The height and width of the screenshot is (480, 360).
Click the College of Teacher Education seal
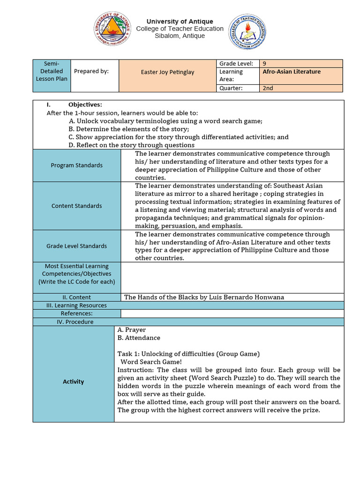click(248, 32)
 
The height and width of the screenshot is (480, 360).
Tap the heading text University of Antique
click(180, 22)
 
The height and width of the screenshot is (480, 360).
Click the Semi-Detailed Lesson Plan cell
click(52, 71)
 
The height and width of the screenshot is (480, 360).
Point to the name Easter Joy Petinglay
click(167, 72)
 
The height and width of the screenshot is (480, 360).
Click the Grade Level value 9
click(265, 63)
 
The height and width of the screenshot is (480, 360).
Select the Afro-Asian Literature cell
click(292, 72)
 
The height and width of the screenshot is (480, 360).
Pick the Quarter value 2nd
click(268, 88)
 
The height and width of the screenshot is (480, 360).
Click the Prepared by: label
click(91, 71)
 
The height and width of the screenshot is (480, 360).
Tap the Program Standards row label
click(76, 165)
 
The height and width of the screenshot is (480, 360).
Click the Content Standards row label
click(76, 205)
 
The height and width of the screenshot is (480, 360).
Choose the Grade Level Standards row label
click(76, 246)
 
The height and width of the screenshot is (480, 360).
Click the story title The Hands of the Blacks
click(204, 297)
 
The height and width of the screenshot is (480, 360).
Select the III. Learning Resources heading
click(76, 305)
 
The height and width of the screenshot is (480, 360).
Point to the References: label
click(76, 313)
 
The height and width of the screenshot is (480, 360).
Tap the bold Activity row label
click(74, 382)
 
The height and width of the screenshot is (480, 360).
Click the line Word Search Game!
click(151, 361)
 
